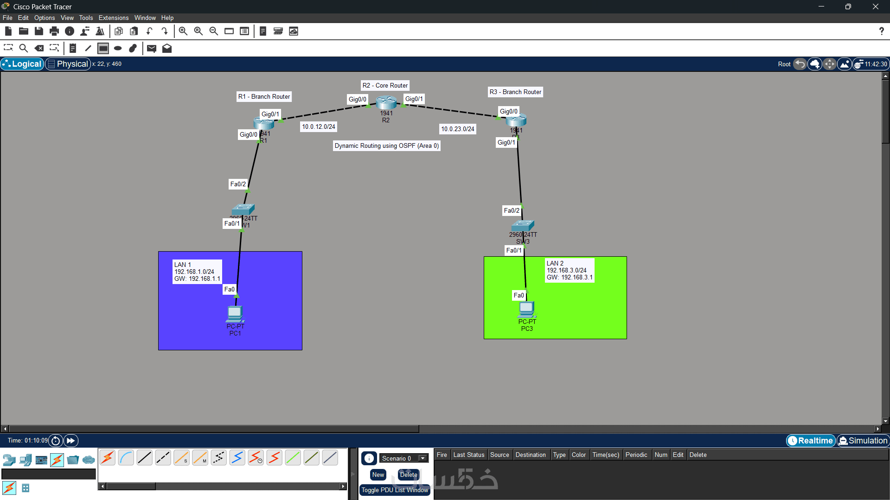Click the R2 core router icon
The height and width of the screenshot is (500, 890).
[386, 102]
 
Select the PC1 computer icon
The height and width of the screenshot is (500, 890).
[235, 314]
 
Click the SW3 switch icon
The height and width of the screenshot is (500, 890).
[523, 226]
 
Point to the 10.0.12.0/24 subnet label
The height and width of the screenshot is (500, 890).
[319, 127]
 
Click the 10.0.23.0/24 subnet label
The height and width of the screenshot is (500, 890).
[458, 129]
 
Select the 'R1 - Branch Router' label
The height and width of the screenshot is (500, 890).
[264, 96]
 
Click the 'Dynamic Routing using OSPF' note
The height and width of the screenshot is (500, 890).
[386, 146]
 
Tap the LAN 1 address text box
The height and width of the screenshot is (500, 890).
[197, 272]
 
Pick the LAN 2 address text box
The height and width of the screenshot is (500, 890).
[570, 270]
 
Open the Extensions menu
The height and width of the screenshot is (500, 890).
[114, 18]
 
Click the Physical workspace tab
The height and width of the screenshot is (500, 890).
[68, 64]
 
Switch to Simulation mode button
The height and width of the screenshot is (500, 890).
[863, 441]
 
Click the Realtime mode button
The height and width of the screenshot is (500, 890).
[811, 441]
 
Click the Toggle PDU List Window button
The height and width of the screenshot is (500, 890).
[395, 490]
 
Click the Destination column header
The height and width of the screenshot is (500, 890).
[531, 455]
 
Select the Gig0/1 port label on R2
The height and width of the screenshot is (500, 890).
[414, 99]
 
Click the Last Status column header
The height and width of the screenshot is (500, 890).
[468, 455]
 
